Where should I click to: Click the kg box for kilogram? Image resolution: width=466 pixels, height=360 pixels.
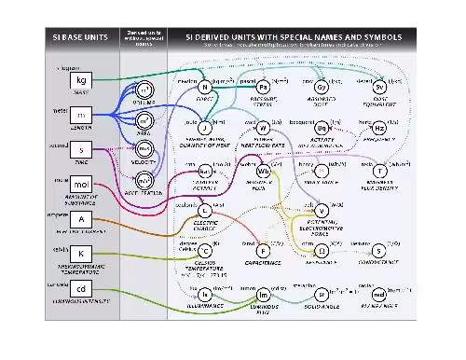[80, 82]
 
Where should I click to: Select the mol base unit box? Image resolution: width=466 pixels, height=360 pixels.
[80, 186]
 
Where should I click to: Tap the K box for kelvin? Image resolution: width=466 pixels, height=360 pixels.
[80, 254]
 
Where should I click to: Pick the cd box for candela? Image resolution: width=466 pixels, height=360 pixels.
[80, 289]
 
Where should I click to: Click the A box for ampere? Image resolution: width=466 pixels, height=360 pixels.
[80, 219]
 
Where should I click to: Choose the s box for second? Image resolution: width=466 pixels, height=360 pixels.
[80, 150]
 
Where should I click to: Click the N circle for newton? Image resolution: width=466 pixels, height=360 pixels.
[204, 87]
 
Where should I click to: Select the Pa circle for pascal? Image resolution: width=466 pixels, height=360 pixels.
[263, 87]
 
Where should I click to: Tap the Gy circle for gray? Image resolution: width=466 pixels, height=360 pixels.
[322, 87]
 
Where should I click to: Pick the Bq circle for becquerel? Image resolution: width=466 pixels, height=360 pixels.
[322, 127]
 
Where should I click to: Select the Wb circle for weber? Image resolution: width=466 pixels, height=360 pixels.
[263, 171]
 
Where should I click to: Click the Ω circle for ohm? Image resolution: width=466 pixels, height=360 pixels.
[322, 250]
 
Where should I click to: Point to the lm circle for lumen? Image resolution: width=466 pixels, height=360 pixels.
[263, 294]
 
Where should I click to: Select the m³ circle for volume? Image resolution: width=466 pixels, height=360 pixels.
[144, 90]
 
